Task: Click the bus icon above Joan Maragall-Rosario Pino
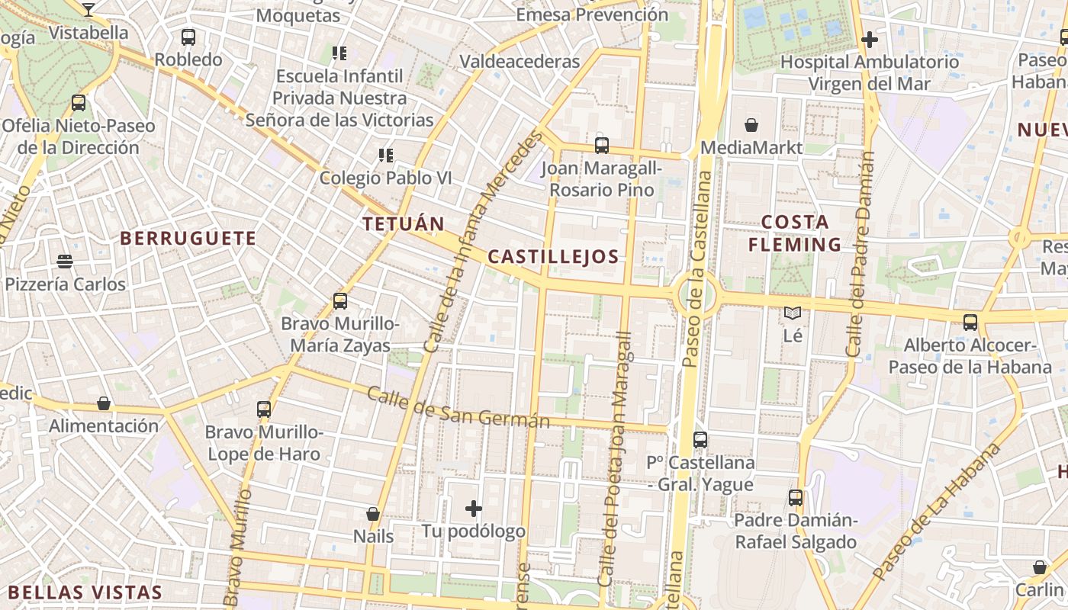(x=602, y=145)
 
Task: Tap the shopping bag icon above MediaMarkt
(x=751, y=125)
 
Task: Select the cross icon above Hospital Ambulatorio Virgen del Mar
(x=869, y=40)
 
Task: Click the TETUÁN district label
(x=404, y=224)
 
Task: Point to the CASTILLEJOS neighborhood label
(x=553, y=257)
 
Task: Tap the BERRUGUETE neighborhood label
(x=188, y=239)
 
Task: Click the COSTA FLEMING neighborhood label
(x=795, y=233)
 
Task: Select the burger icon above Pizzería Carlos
(x=65, y=262)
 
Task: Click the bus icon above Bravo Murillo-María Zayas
(x=340, y=301)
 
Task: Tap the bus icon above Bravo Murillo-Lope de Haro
(x=264, y=409)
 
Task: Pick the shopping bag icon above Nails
(x=373, y=514)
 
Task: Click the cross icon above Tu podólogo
(x=474, y=508)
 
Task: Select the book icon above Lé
(x=793, y=313)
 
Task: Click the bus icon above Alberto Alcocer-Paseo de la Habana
(x=970, y=323)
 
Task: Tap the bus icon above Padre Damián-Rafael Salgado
(x=796, y=498)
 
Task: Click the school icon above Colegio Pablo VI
(x=386, y=156)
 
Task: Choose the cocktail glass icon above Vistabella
(x=88, y=9)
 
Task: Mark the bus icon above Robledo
(x=188, y=37)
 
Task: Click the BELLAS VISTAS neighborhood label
(x=85, y=592)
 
